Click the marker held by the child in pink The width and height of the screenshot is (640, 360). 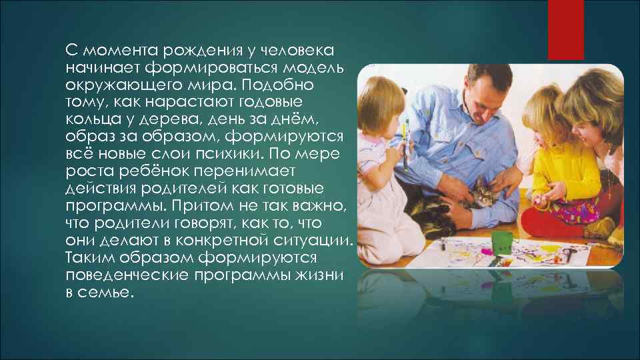tap(406, 143)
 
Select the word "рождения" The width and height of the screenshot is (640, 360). tap(186, 52)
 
